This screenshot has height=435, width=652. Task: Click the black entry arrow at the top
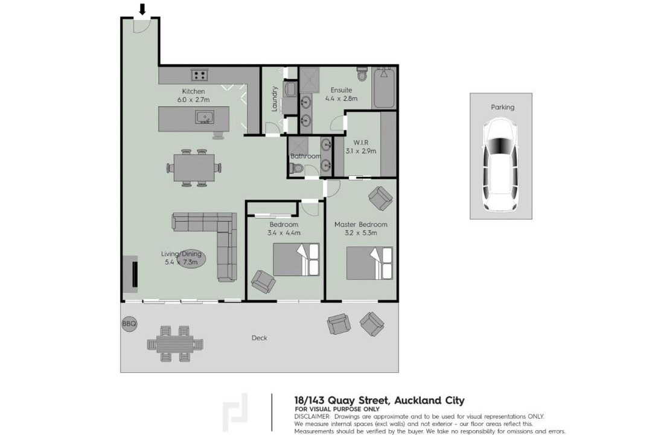tap(142, 9)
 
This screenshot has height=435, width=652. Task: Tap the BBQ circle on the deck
tap(129, 323)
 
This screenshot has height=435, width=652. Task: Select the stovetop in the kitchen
tap(200, 75)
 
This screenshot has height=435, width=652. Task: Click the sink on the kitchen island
tap(204, 117)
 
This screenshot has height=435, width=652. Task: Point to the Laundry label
tap(275, 98)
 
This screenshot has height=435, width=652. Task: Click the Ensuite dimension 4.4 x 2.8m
tap(341, 98)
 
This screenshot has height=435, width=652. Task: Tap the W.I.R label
tap(361, 143)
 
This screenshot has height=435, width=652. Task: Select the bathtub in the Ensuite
tap(384, 88)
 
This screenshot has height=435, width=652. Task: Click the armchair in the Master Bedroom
tap(380, 198)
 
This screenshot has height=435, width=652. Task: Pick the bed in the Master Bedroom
tap(369, 263)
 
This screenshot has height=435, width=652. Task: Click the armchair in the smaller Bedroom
tap(263, 282)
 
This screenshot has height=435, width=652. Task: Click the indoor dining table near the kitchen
tap(194, 167)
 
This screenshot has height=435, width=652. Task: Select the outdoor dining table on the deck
tap(175, 343)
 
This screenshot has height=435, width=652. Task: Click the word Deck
tap(260, 338)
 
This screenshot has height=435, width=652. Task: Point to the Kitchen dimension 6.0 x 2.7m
tap(193, 100)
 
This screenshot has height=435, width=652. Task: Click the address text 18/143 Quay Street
tap(341, 401)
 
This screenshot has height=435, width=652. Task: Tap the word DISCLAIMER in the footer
tap(312, 416)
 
